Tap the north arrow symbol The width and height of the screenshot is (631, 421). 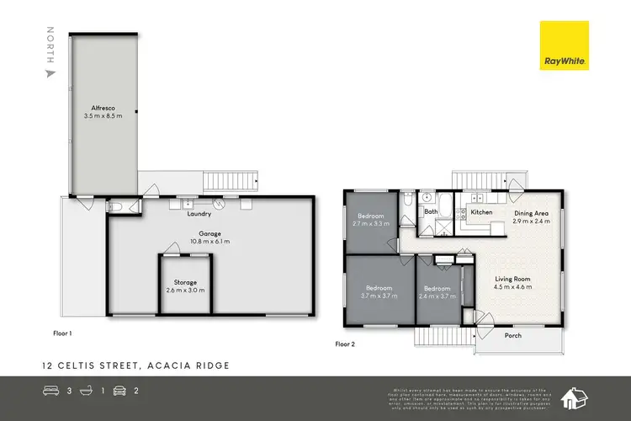51,73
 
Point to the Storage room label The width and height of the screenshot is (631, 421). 185,282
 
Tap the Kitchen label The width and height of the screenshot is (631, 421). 481,212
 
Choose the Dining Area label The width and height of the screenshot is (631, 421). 532,213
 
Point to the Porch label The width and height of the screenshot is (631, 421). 512,335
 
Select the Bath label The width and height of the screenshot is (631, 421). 431,212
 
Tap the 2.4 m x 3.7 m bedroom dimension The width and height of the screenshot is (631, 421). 439,296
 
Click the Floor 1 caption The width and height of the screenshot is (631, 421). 58,333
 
